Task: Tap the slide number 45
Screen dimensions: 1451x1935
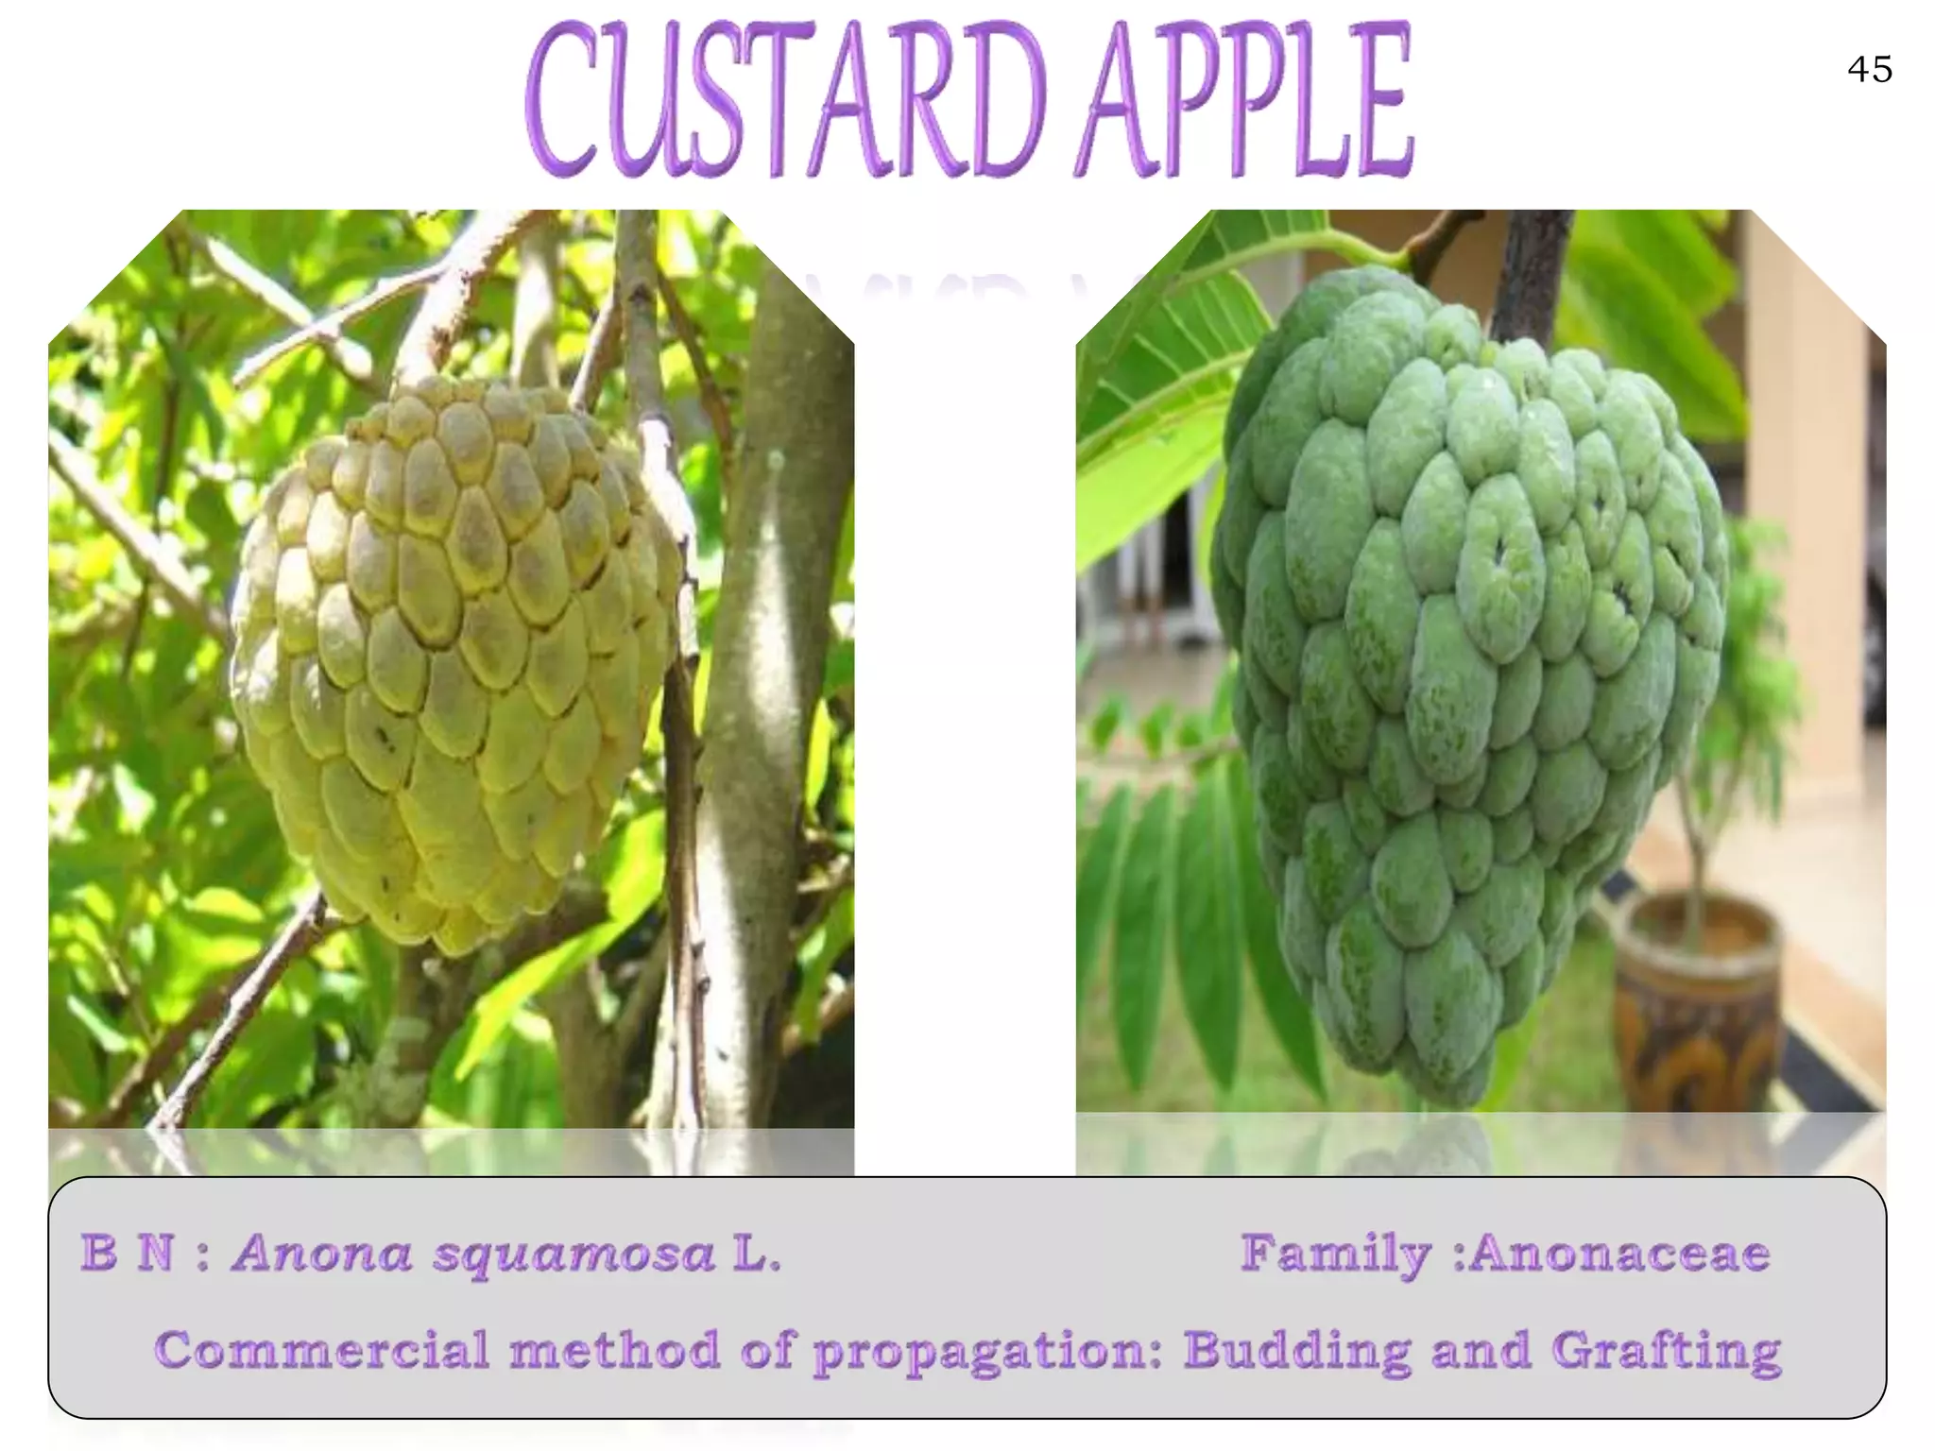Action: (x=1869, y=70)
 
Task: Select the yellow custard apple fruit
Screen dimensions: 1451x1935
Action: (x=454, y=661)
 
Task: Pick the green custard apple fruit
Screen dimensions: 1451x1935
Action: (x=1474, y=680)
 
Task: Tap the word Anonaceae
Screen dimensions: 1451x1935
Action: (x=1619, y=1254)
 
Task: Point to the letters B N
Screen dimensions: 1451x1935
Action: (x=128, y=1254)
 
